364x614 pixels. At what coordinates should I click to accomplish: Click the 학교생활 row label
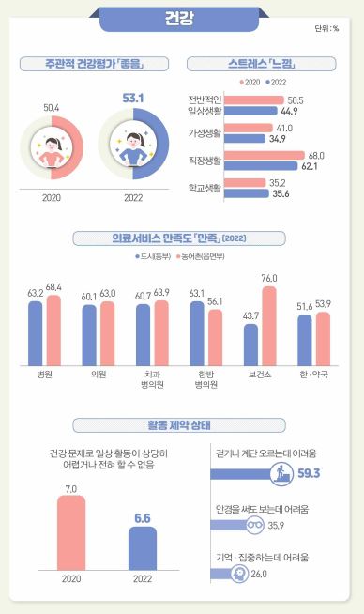(206, 189)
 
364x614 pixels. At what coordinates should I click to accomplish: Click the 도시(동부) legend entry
(158, 255)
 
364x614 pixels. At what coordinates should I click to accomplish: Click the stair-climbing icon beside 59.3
(279, 471)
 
